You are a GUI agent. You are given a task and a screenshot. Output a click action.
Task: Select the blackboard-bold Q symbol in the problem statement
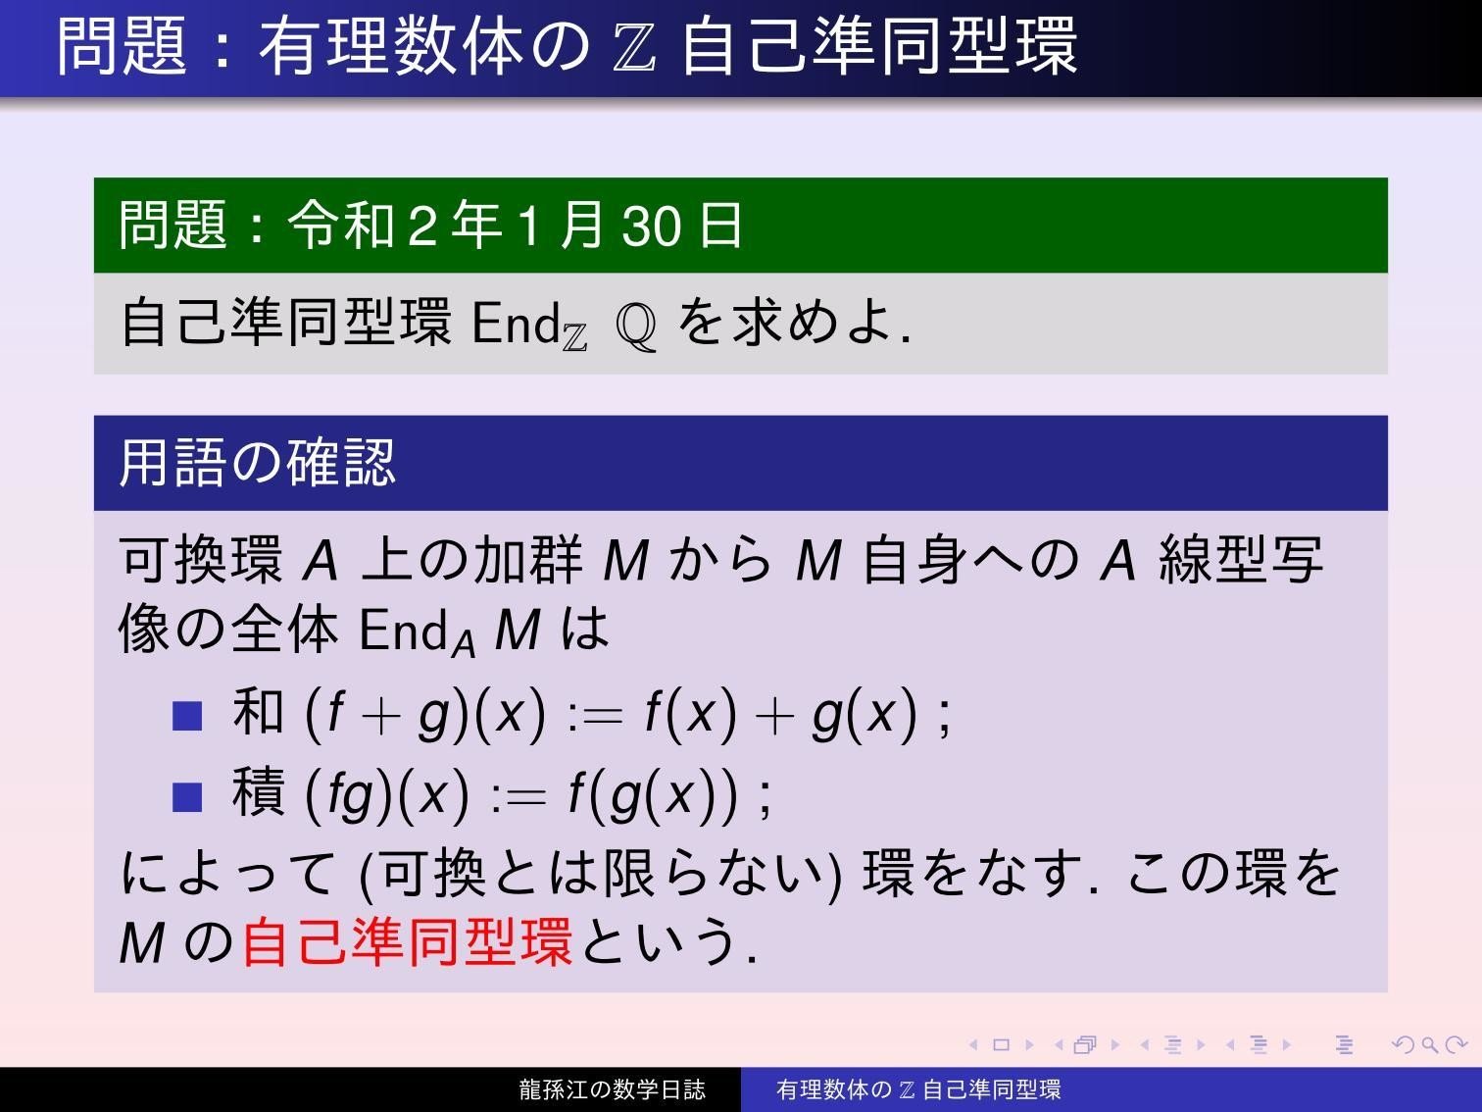pos(636,327)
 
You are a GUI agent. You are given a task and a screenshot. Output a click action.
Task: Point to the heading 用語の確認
pos(257,463)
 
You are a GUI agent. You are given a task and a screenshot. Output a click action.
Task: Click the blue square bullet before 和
pos(186,716)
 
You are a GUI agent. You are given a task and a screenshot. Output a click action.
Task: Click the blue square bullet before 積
pos(186,796)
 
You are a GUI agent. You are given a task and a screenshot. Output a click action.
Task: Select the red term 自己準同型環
pos(407,941)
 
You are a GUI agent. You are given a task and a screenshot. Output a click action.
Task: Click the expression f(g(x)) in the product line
pos(653,794)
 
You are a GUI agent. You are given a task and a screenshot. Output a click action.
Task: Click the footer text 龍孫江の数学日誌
pos(612,1089)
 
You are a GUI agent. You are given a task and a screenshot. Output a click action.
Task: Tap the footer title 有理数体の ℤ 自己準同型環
pos(918,1089)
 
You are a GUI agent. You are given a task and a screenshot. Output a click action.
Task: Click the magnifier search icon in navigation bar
pos(1430,1045)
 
